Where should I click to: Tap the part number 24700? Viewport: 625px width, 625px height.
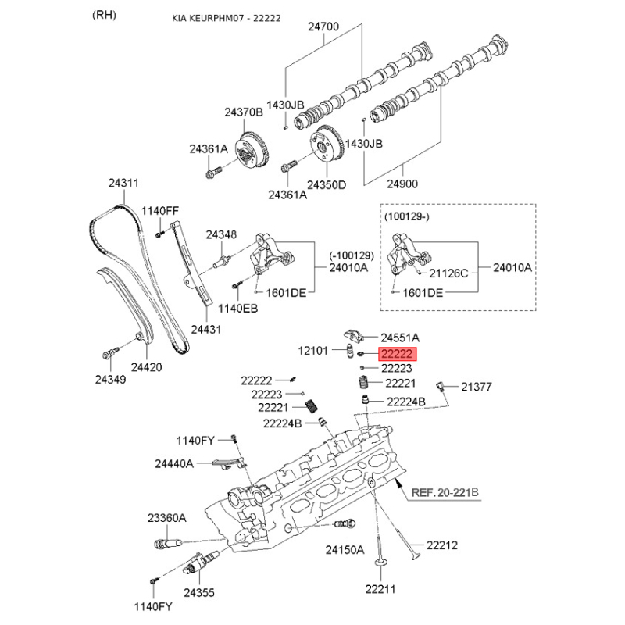point(323,27)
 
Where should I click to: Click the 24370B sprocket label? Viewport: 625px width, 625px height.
point(244,112)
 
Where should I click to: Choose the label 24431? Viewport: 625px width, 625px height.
point(205,329)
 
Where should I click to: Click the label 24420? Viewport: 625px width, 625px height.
point(146,365)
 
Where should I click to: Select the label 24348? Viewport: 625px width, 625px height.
point(221,234)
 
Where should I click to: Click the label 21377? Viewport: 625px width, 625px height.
point(477,386)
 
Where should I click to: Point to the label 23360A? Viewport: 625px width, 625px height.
point(166,517)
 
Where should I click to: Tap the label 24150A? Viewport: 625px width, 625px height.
point(345,550)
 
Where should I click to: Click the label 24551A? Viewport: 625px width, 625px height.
point(400,337)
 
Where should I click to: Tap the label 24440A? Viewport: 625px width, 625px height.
point(173,463)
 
